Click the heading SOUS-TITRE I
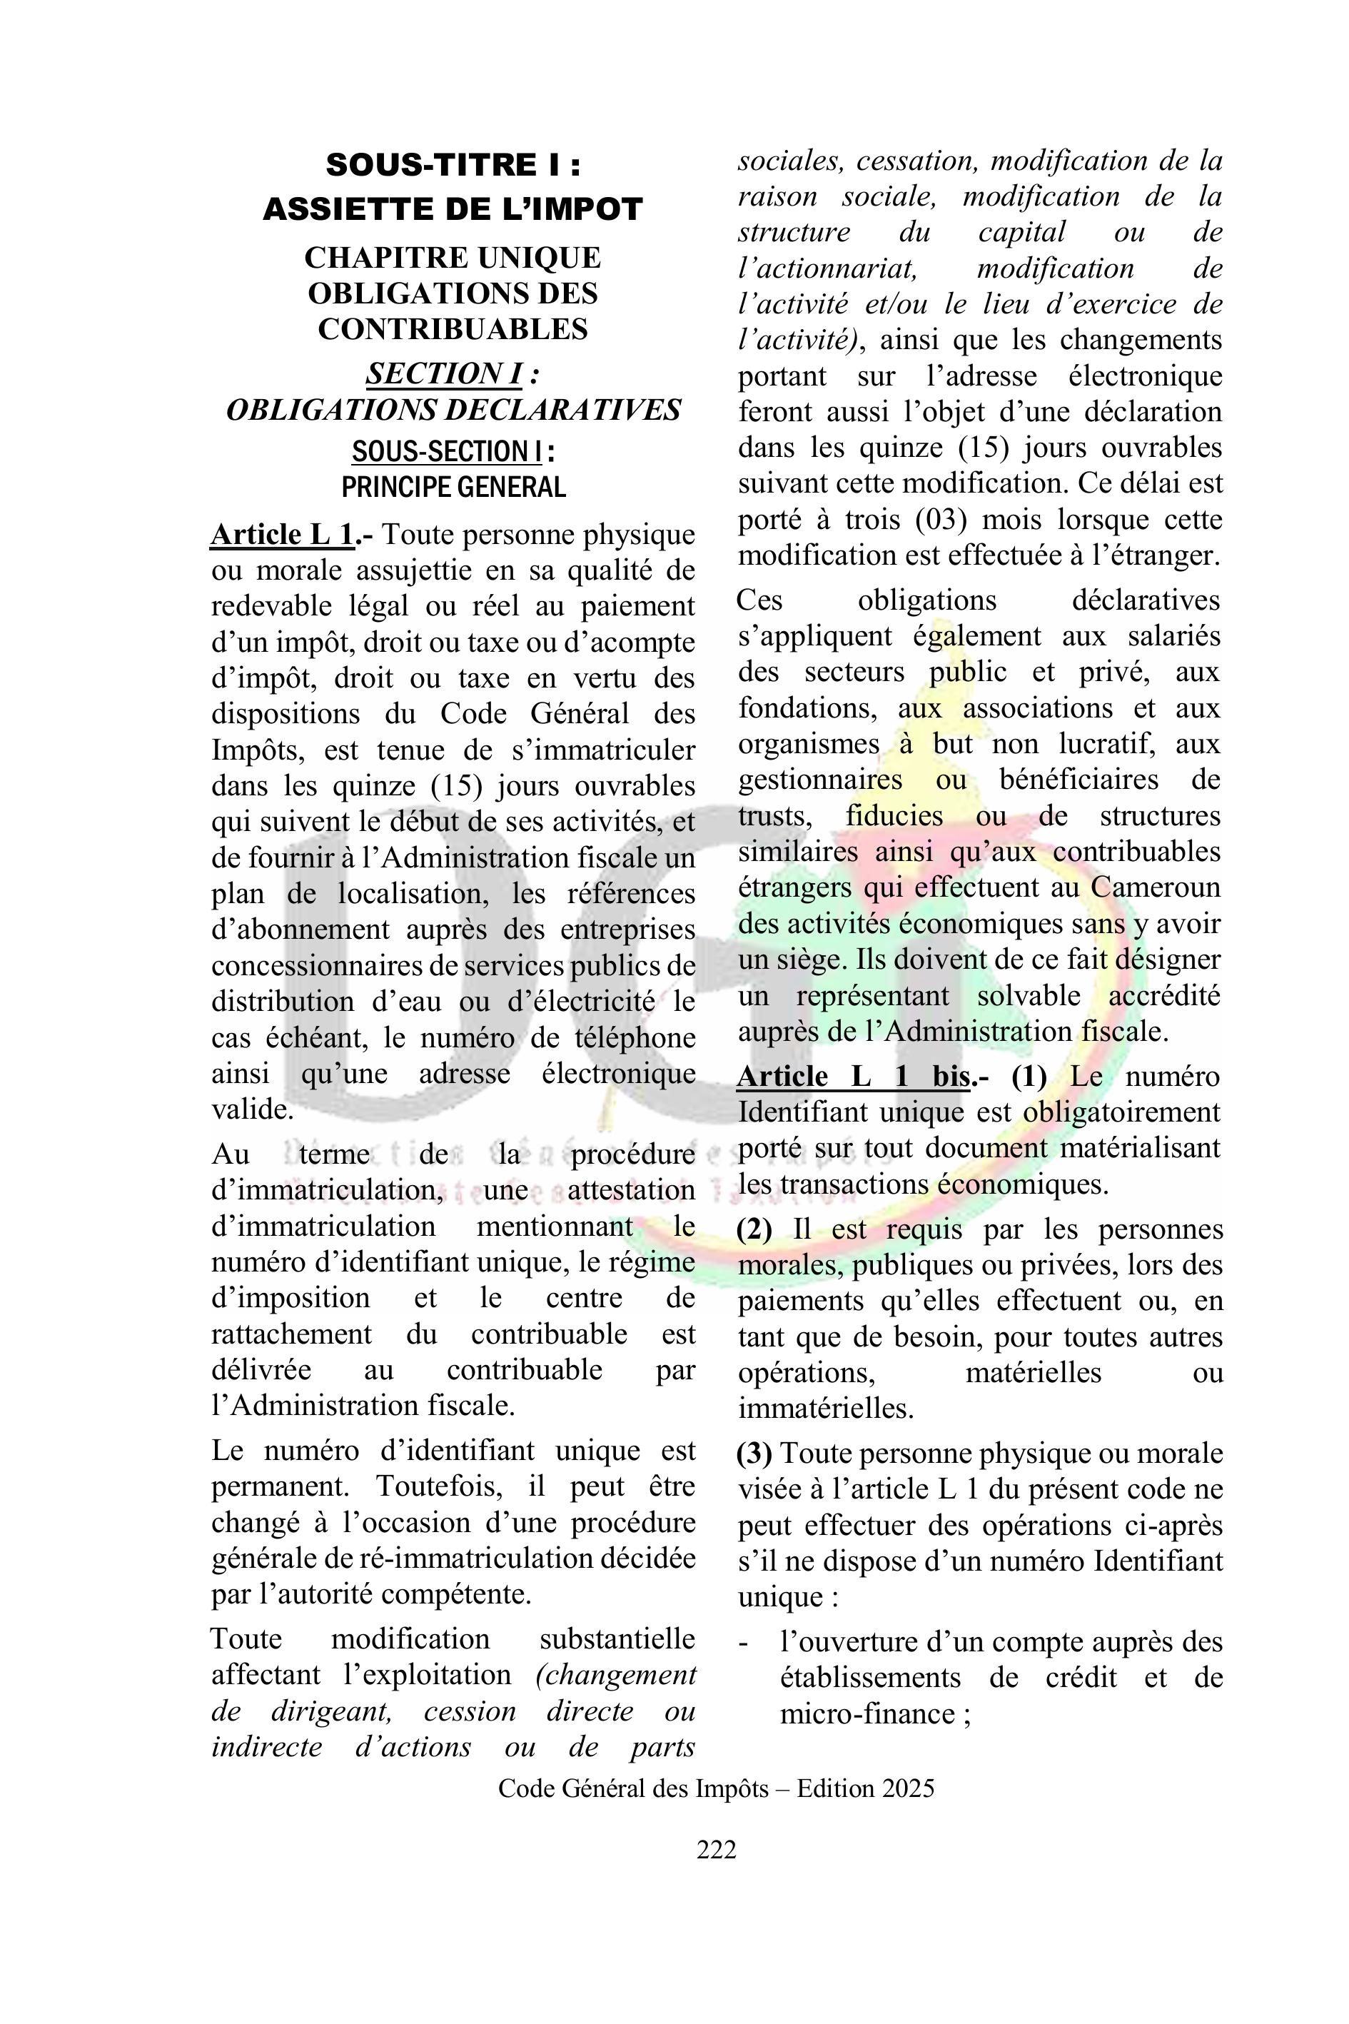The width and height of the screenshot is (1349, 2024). click(x=453, y=164)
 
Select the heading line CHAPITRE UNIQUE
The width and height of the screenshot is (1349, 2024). click(x=453, y=257)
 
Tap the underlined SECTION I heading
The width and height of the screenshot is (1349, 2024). click(x=444, y=373)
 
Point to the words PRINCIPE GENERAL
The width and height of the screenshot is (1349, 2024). click(x=453, y=487)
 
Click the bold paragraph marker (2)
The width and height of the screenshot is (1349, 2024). click(x=754, y=1229)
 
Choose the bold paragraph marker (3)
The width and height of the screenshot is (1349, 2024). click(x=754, y=1454)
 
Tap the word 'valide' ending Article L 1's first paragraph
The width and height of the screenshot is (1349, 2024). click(x=250, y=1110)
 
